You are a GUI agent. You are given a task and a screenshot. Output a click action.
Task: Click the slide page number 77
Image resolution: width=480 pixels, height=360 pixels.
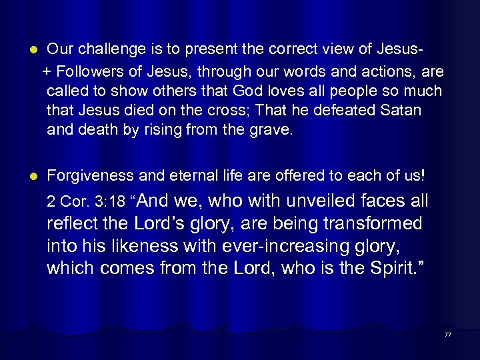pos(447,335)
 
